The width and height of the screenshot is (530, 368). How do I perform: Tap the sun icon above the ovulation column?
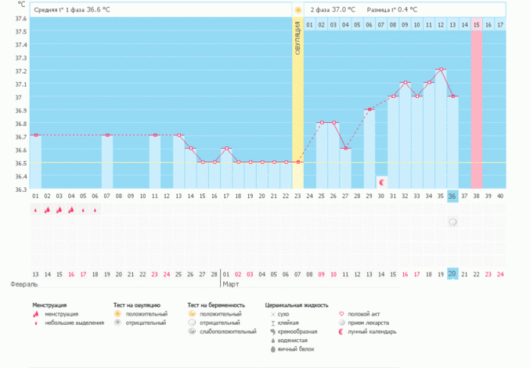point(297,10)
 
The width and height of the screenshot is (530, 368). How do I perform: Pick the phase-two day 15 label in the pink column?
point(476,25)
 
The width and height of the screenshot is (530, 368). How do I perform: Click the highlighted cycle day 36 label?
point(452,196)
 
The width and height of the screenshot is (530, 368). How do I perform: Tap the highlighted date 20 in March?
point(452,273)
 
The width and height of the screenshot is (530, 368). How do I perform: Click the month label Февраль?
point(23,283)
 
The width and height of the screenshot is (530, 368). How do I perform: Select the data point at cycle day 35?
point(441,70)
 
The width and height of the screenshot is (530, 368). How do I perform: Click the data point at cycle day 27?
point(345,149)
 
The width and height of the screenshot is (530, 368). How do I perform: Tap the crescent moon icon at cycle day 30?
point(381,182)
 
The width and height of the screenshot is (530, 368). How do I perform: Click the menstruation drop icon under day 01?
point(35,210)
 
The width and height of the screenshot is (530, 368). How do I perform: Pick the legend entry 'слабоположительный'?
point(228,331)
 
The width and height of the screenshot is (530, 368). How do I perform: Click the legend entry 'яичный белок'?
point(296,350)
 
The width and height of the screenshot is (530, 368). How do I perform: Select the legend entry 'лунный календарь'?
point(372,331)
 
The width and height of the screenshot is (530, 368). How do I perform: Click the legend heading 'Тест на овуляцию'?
point(137,305)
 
